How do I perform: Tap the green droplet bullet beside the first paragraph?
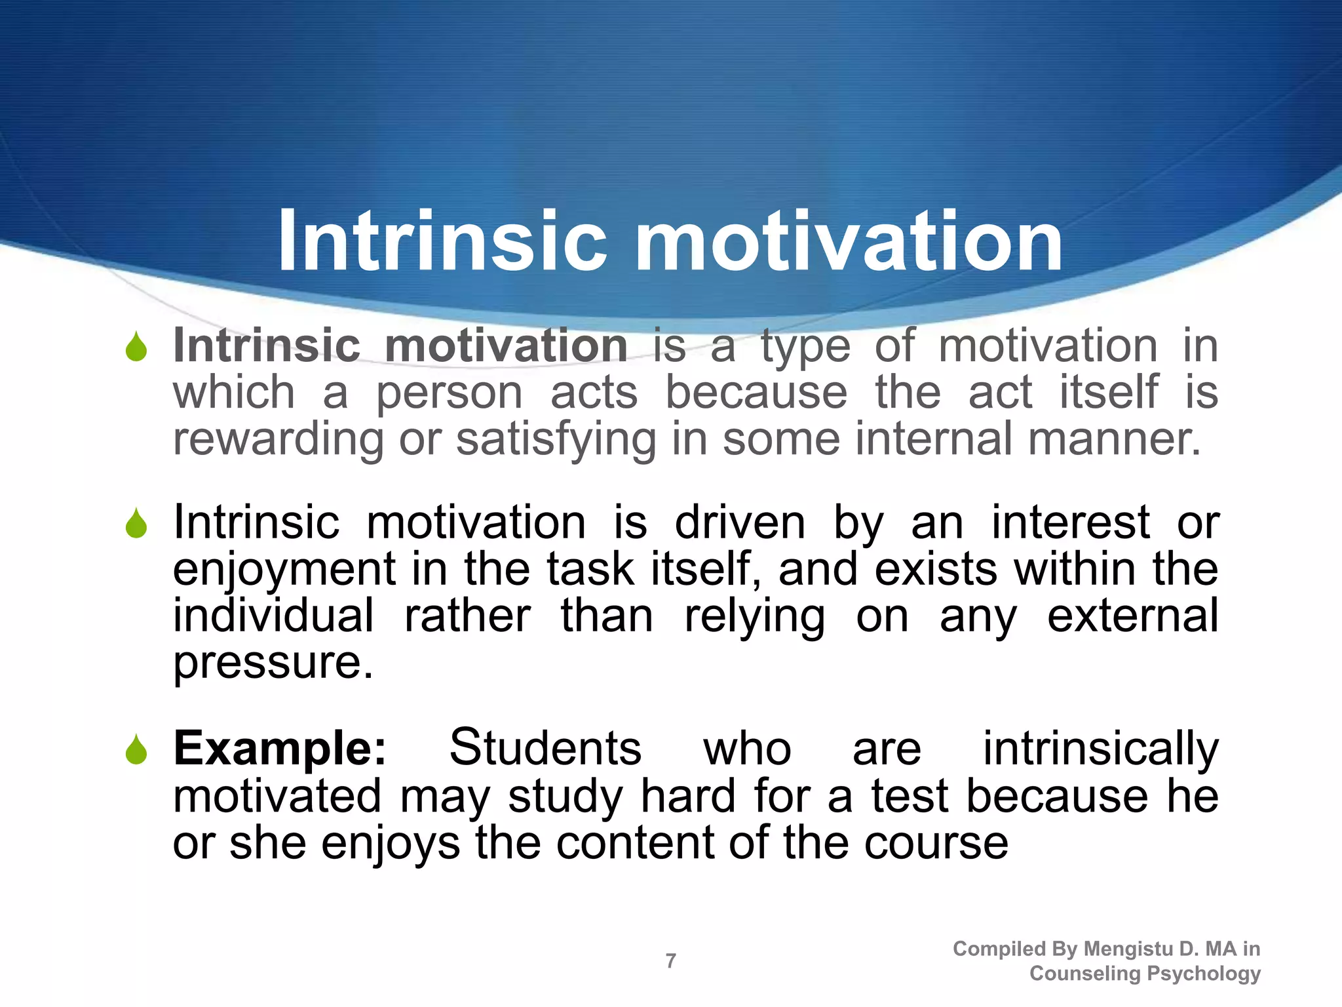[x=136, y=347]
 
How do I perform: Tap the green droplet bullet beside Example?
[x=136, y=749]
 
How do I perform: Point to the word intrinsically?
[x=1100, y=749]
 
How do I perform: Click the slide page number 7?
[x=670, y=961]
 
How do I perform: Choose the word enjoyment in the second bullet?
[x=284, y=570]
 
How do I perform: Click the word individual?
[x=273, y=616]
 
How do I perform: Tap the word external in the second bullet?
[x=1133, y=616]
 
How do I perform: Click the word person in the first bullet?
[x=449, y=393]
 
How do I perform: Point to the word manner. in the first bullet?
[x=1114, y=439]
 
